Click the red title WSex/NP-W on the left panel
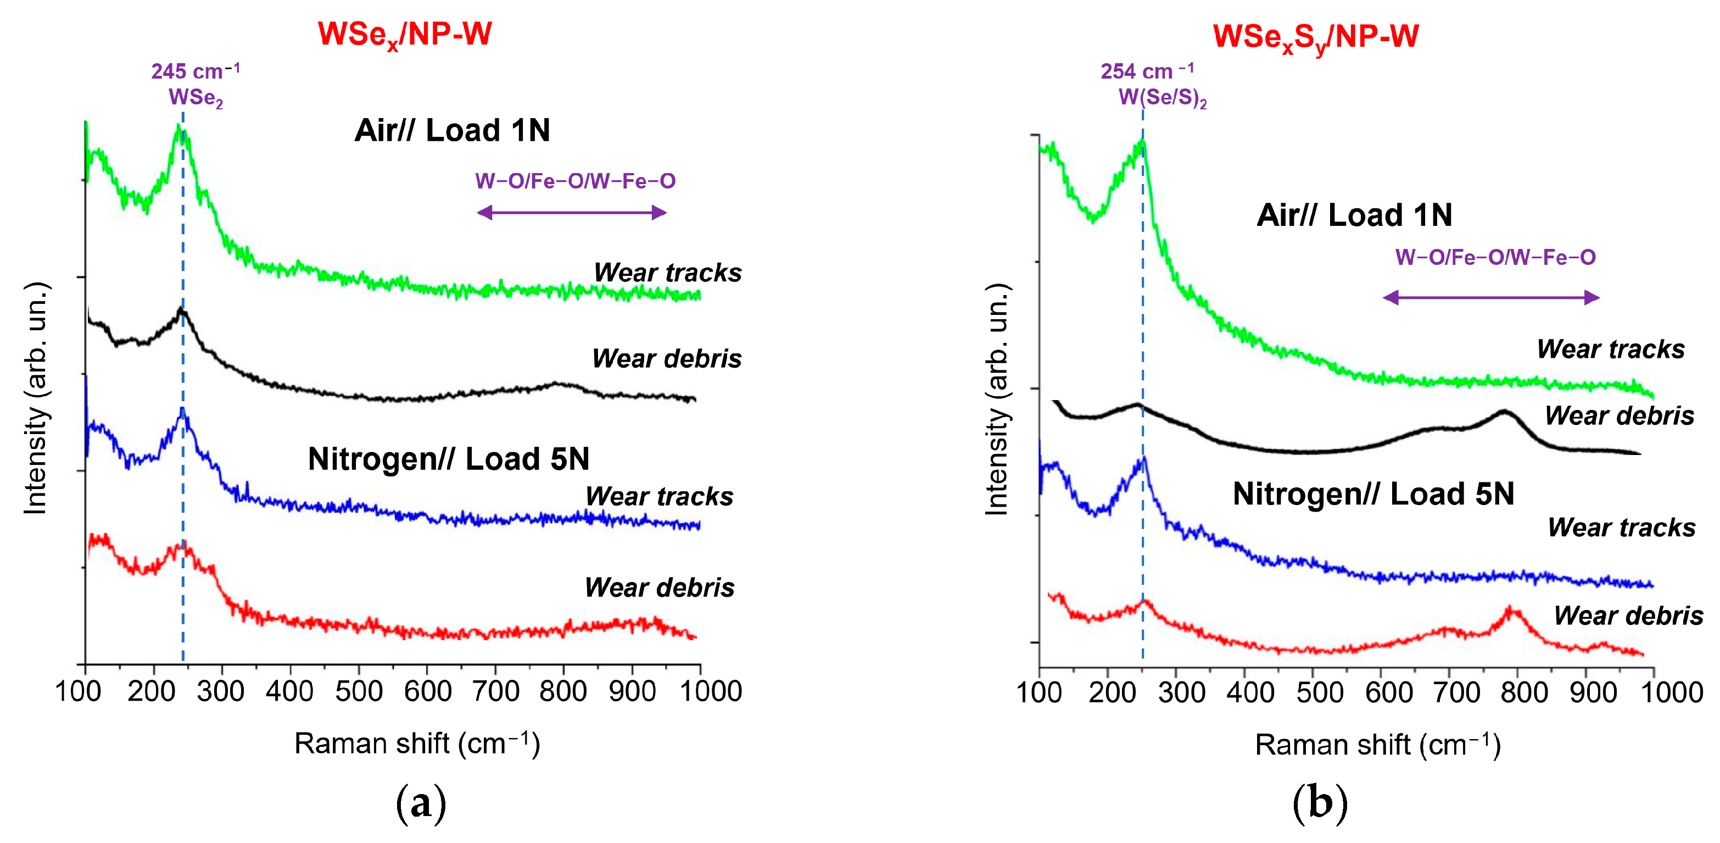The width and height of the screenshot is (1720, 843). (x=405, y=35)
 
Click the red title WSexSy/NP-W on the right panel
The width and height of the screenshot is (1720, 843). (x=1315, y=37)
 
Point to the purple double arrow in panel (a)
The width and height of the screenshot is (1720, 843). (x=572, y=213)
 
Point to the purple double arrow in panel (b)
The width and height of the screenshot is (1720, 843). (x=1490, y=297)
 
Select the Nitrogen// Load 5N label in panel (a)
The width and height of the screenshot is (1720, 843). (x=449, y=459)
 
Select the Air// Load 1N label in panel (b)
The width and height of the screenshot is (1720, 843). (x=1354, y=215)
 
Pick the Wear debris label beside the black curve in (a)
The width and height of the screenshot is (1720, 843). (x=666, y=359)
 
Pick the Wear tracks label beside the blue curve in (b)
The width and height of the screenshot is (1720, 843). (x=1621, y=528)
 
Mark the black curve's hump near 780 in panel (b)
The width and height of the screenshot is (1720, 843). (x=1504, y=412)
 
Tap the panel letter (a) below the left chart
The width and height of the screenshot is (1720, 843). (x=421, y=802)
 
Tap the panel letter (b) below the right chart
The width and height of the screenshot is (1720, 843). (x=1320, y=802)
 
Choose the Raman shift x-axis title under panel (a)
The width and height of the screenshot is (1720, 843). (x=417, y=744)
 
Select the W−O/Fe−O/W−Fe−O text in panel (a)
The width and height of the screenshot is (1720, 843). (x=575, y=181)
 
